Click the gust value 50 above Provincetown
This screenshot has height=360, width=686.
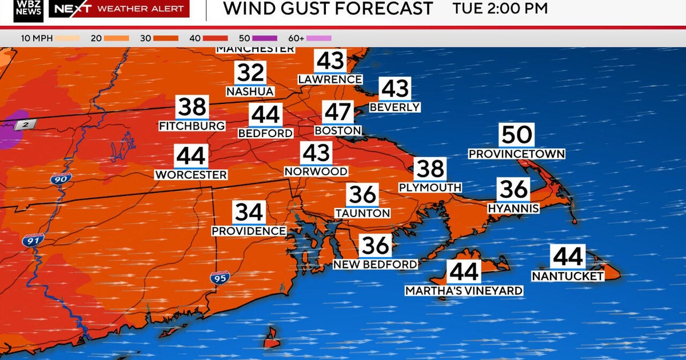click(x=517, y=135)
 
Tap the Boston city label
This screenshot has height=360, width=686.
click(x=338, y=131)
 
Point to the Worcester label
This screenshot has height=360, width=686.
click(x=191, y=175)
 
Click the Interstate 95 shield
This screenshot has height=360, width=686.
click(x=220, y=278)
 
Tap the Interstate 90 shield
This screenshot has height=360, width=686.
click(x=57, y=179)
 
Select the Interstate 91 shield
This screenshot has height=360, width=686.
click(x=33, y=241)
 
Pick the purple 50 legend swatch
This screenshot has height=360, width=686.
click(x=265, y=38)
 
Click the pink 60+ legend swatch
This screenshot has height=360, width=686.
click(x=319, y=38)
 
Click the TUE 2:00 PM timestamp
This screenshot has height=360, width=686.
click(x=500, y=9)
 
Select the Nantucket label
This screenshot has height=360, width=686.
click(x=568, y=276)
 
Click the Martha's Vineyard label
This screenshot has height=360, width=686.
click(x=464, y=291)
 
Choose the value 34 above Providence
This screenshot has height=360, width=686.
click(x=249, y=213)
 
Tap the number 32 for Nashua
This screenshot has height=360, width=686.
click(x=250, y=73)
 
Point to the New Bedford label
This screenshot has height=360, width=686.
click(x=376, y=265)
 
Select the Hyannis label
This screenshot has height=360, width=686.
click(x=513, y=209)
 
